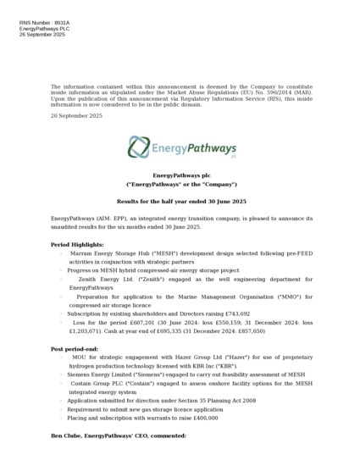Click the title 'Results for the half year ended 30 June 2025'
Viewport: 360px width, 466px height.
tap(181, 201)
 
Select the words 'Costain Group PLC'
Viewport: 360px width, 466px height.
tap(106, 383)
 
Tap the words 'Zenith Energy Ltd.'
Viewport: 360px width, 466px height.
tap(109, 279)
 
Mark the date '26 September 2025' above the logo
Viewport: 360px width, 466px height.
tap(76, 114)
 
